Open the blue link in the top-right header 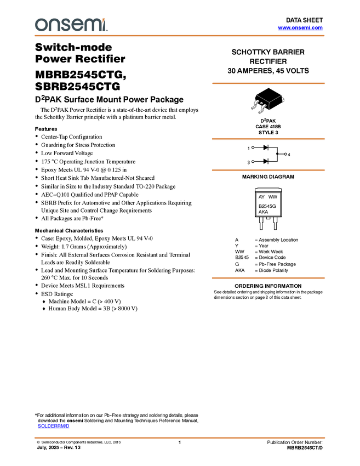pyautogui.click(x=300, y=28)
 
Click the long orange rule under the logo pyautogui.click(x=180, y=36)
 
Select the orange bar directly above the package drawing pyautogui.click(x=268, y=83)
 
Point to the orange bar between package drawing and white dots pyautogui.click(x=268, y=139)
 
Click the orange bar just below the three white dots pyautogui.click(x=268, y=170)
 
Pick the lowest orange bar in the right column pyautogui.click(x=268, y=278)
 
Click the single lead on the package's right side pyautogui.click(x=283, y=100)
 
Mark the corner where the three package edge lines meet pyautogui.click(x=268, y=102)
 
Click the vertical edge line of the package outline pyautogui.click(x=268, y=107)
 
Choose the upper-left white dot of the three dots pyautogui.click(x=253, y=147)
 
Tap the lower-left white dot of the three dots pyautogui.click(x=253, y=162)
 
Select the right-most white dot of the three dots pyautogui.click(x=285, y=155)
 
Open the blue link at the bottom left pyautogui.click(x=53, y=426)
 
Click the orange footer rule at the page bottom pyautogui.click(x=180, y=438)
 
